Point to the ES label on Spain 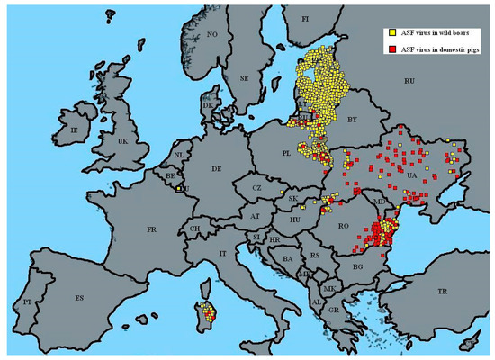click(x=78, y=297)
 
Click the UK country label click(x=123, y=141)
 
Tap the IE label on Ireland click(x=75, y=131)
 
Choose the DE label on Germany click(x=216, y=168)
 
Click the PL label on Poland click(x=286, y=154)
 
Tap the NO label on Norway click(x=213, y=34)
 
